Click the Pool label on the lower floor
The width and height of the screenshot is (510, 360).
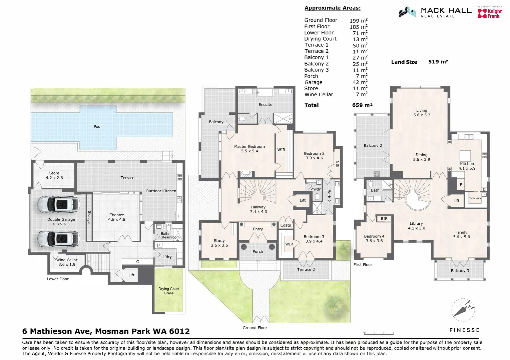(97, 127)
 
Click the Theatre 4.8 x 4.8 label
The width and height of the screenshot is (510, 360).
(117, 217)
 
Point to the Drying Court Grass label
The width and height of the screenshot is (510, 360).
(168, 291)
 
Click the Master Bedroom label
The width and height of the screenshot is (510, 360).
(249, 149)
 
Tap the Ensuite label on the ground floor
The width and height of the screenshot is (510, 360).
(265, 105)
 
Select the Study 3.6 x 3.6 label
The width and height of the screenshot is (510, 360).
(219, 243)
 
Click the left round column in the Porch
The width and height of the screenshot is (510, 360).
(244, 247)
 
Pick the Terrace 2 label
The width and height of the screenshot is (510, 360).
(306, 270)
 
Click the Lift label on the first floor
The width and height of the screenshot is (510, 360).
(456, 201)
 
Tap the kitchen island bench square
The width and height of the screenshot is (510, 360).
(465, 156)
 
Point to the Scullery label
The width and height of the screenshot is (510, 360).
(475, 198)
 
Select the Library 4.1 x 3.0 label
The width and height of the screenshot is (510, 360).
(416, 226)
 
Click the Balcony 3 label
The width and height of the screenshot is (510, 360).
(460, 271)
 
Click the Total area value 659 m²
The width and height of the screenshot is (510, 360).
(362, 105)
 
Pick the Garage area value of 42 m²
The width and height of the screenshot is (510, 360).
(360, 82)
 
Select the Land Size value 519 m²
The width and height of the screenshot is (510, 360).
(438, 62)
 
